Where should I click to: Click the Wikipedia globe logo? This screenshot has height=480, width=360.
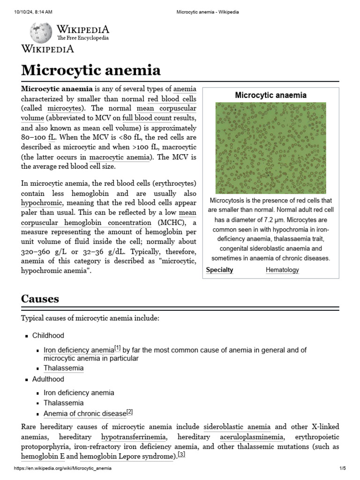pyautogui.click(x=38, y=32)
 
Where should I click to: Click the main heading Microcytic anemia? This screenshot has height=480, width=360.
pyautogui.click(x=91, y=70)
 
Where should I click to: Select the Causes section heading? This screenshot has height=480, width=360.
pyautogui.click(x=40, y=299)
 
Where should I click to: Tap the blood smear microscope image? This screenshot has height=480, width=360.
pyautogui.click(x=271, y=148)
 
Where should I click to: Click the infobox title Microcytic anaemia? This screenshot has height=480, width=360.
pyautogui.click(x=270, y=95)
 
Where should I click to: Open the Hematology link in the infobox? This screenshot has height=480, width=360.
pyautogui.click(x=282, y=270)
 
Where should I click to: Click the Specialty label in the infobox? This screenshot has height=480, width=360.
pyautogui.click(x=219, y=270)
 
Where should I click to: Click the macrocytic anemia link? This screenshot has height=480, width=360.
pyautogui.click(x=120, y=157)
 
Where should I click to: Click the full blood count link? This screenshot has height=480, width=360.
pyautogui.click(x=147, y=118)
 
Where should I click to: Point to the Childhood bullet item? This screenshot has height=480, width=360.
pyautogui.click(x=48, y=336)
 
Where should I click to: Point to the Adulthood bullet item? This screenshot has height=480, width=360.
pyautogui.click(x=48, y=379)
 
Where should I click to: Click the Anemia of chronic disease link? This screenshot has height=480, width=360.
pyautogui.click(x=85, y=413)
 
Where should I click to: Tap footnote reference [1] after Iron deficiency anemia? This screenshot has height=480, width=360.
pyautogui.click(x=118, y=348)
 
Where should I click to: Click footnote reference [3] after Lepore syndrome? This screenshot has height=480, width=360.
pyautogui.click(x=182, y=454)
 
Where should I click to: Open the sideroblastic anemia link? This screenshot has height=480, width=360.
pyautogui.click(x=237, y=427)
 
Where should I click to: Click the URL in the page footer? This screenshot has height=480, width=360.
pyautogui.click(x=63, y=468)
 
